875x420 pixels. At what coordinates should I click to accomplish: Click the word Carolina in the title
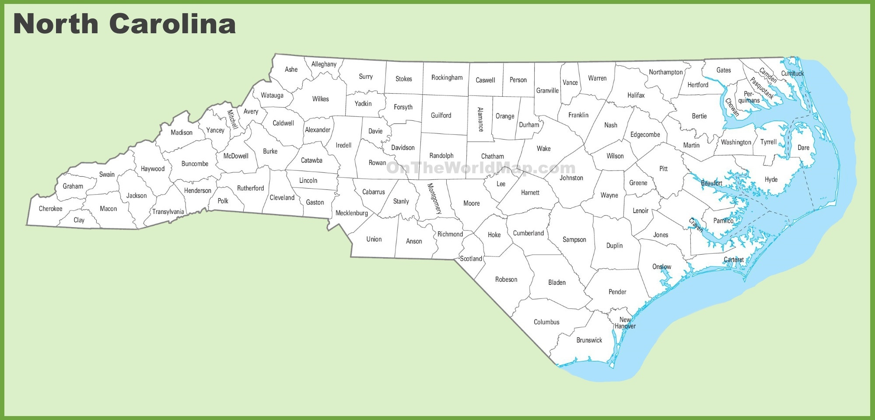click(172, 24)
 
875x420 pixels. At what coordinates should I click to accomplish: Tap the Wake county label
click(543, 149)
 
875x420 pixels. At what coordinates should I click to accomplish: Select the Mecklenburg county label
click(351, 213)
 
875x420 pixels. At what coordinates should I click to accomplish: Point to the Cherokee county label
click(50, 209)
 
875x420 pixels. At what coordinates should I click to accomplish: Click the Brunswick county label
click(589, 340)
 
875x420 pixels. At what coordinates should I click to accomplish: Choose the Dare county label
click(803, 148)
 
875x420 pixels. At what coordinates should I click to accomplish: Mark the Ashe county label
click(291, 70)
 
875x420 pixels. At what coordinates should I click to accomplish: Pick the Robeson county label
click(506, 280)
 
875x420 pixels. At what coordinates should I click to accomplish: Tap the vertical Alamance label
click(480, 119)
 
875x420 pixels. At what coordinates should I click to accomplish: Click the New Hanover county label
click(625, 323)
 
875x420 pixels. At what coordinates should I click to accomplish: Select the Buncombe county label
click(195, 164)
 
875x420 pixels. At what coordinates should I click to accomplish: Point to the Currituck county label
click(792, 73)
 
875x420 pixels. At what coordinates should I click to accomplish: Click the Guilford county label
click(441, 115)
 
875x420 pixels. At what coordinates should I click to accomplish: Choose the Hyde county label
click(771, 180)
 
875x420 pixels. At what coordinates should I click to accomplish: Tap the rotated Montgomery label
click(434, 198)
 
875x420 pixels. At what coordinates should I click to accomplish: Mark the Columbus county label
click(546, 322)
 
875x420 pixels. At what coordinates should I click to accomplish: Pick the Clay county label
click(79, 220)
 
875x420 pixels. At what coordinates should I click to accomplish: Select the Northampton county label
click(665, 72)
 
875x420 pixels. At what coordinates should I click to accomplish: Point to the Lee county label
click(501, 184)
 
